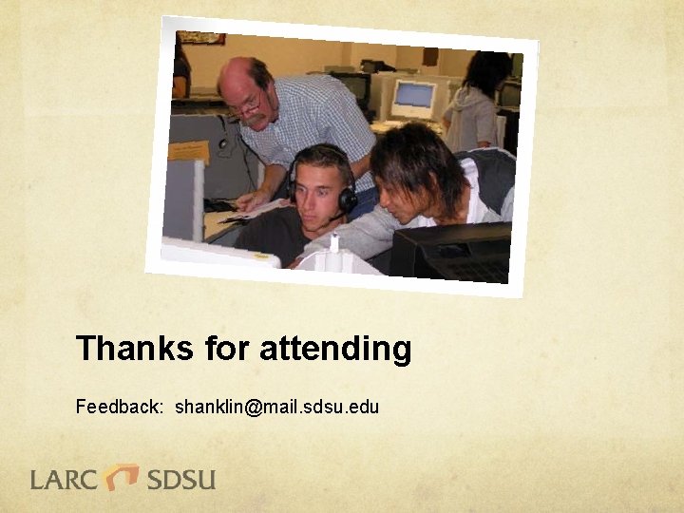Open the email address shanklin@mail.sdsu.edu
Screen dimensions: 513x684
276,408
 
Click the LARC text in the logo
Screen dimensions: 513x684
64,479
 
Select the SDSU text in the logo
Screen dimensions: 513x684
180,479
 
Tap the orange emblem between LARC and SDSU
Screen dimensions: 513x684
122,476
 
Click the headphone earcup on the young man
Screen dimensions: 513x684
348,198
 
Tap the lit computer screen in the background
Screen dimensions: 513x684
414,98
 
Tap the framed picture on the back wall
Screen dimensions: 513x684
201,37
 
